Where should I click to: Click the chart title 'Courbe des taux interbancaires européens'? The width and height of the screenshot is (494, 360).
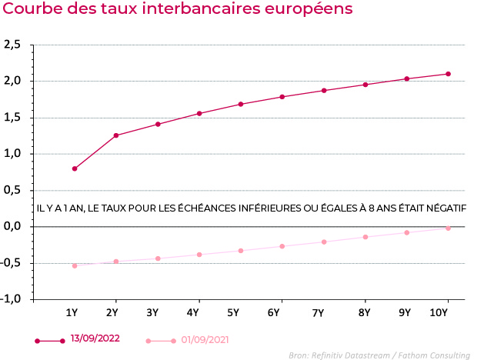pyautogui.click(x=178, y=10)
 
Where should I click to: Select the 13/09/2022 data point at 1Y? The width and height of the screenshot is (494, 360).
pyautogui.click(x=75, y=168)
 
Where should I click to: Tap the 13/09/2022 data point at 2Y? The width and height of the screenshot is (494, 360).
pyautogui.click(x=116, y=135)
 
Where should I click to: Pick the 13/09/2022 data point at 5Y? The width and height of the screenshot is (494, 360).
pyautogui.click(x=241, y=104)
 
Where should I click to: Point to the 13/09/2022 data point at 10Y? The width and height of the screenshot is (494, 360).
pyautogui.click(x=448, y=74)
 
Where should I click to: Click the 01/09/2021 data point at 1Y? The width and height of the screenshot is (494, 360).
pyautogui.click(x=75, y=266)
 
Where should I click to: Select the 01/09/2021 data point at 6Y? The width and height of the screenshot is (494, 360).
pyautogui.click(x=282, y=246)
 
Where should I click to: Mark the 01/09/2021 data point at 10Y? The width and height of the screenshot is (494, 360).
pyautogui.click(x=448, y=228)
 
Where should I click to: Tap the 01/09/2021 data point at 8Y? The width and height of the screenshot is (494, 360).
pyautogui.click(x=365, y=237)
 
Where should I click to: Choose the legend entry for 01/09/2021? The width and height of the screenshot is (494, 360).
pyautogui.click(x=204, y=339)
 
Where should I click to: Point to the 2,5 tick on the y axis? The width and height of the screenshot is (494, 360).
pyautogui.click(x=12, y=45)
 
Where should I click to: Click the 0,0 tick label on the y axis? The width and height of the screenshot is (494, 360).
pyautogui.click(x=12, y=226)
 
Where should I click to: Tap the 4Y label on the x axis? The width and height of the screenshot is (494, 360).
pyautogui.click(x=192, y=312)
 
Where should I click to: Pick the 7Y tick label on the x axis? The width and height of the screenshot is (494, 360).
pyautogui.click(x=318, y=312)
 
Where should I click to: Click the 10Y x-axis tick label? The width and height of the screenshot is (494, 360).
pyautogui.click(x=439, y=312)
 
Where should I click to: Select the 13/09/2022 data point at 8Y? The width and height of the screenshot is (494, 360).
pyautogui.click(x=365, y=85)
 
